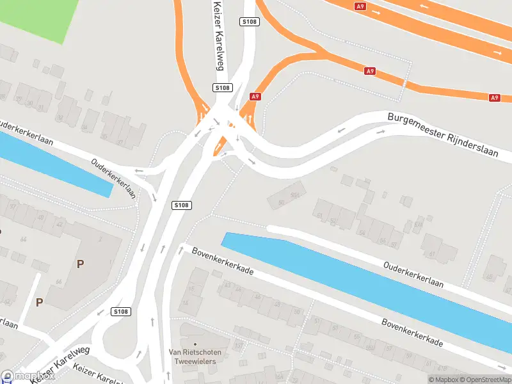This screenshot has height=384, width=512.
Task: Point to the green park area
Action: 35,16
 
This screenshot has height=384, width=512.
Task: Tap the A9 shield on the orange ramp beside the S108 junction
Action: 255,97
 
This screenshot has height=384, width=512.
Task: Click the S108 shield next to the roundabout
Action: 120,312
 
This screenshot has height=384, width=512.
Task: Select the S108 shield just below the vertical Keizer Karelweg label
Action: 222,88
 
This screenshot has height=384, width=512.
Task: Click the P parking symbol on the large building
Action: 81,264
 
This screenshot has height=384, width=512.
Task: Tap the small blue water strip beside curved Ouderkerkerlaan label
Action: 58,164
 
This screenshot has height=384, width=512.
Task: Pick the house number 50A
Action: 295,195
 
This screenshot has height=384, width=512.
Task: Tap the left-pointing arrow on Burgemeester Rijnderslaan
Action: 341,130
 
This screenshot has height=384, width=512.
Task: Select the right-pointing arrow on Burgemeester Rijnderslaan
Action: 382,131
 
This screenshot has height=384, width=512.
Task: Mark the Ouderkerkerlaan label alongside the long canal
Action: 413,274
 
